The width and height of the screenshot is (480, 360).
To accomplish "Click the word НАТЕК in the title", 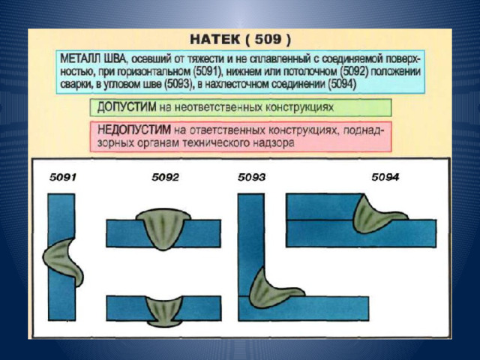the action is pyautogui.click(x=215, y=40).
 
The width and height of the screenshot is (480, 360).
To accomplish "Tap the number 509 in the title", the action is pyautogui.click(x=268, y=39).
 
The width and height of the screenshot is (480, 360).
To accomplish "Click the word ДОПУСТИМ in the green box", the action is pyautogui.click(x=127, y=107).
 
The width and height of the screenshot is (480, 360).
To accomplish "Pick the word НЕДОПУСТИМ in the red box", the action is pyautogui.click(x=134, y=130).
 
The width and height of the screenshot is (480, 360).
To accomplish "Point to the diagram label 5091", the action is pyautogui.click(x=63, y=177).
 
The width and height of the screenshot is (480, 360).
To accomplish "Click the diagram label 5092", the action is pyautogui.click(x=165, y=177).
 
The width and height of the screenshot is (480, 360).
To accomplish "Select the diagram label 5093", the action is pyautogui.click(x=251, y=177).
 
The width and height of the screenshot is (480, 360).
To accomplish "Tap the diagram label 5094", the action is pyautogui.click(x=385, y=177).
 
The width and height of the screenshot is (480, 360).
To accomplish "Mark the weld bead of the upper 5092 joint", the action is pyautogui.click(x=163, y=228).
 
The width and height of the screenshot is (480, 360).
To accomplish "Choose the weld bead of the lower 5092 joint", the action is pyautogui.click(x=164, y=310).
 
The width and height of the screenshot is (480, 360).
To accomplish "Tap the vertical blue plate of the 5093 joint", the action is pyautogui.click(x=251, y=241).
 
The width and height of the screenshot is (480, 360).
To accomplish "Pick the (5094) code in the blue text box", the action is pyautogui.click(x=342, y=84).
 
